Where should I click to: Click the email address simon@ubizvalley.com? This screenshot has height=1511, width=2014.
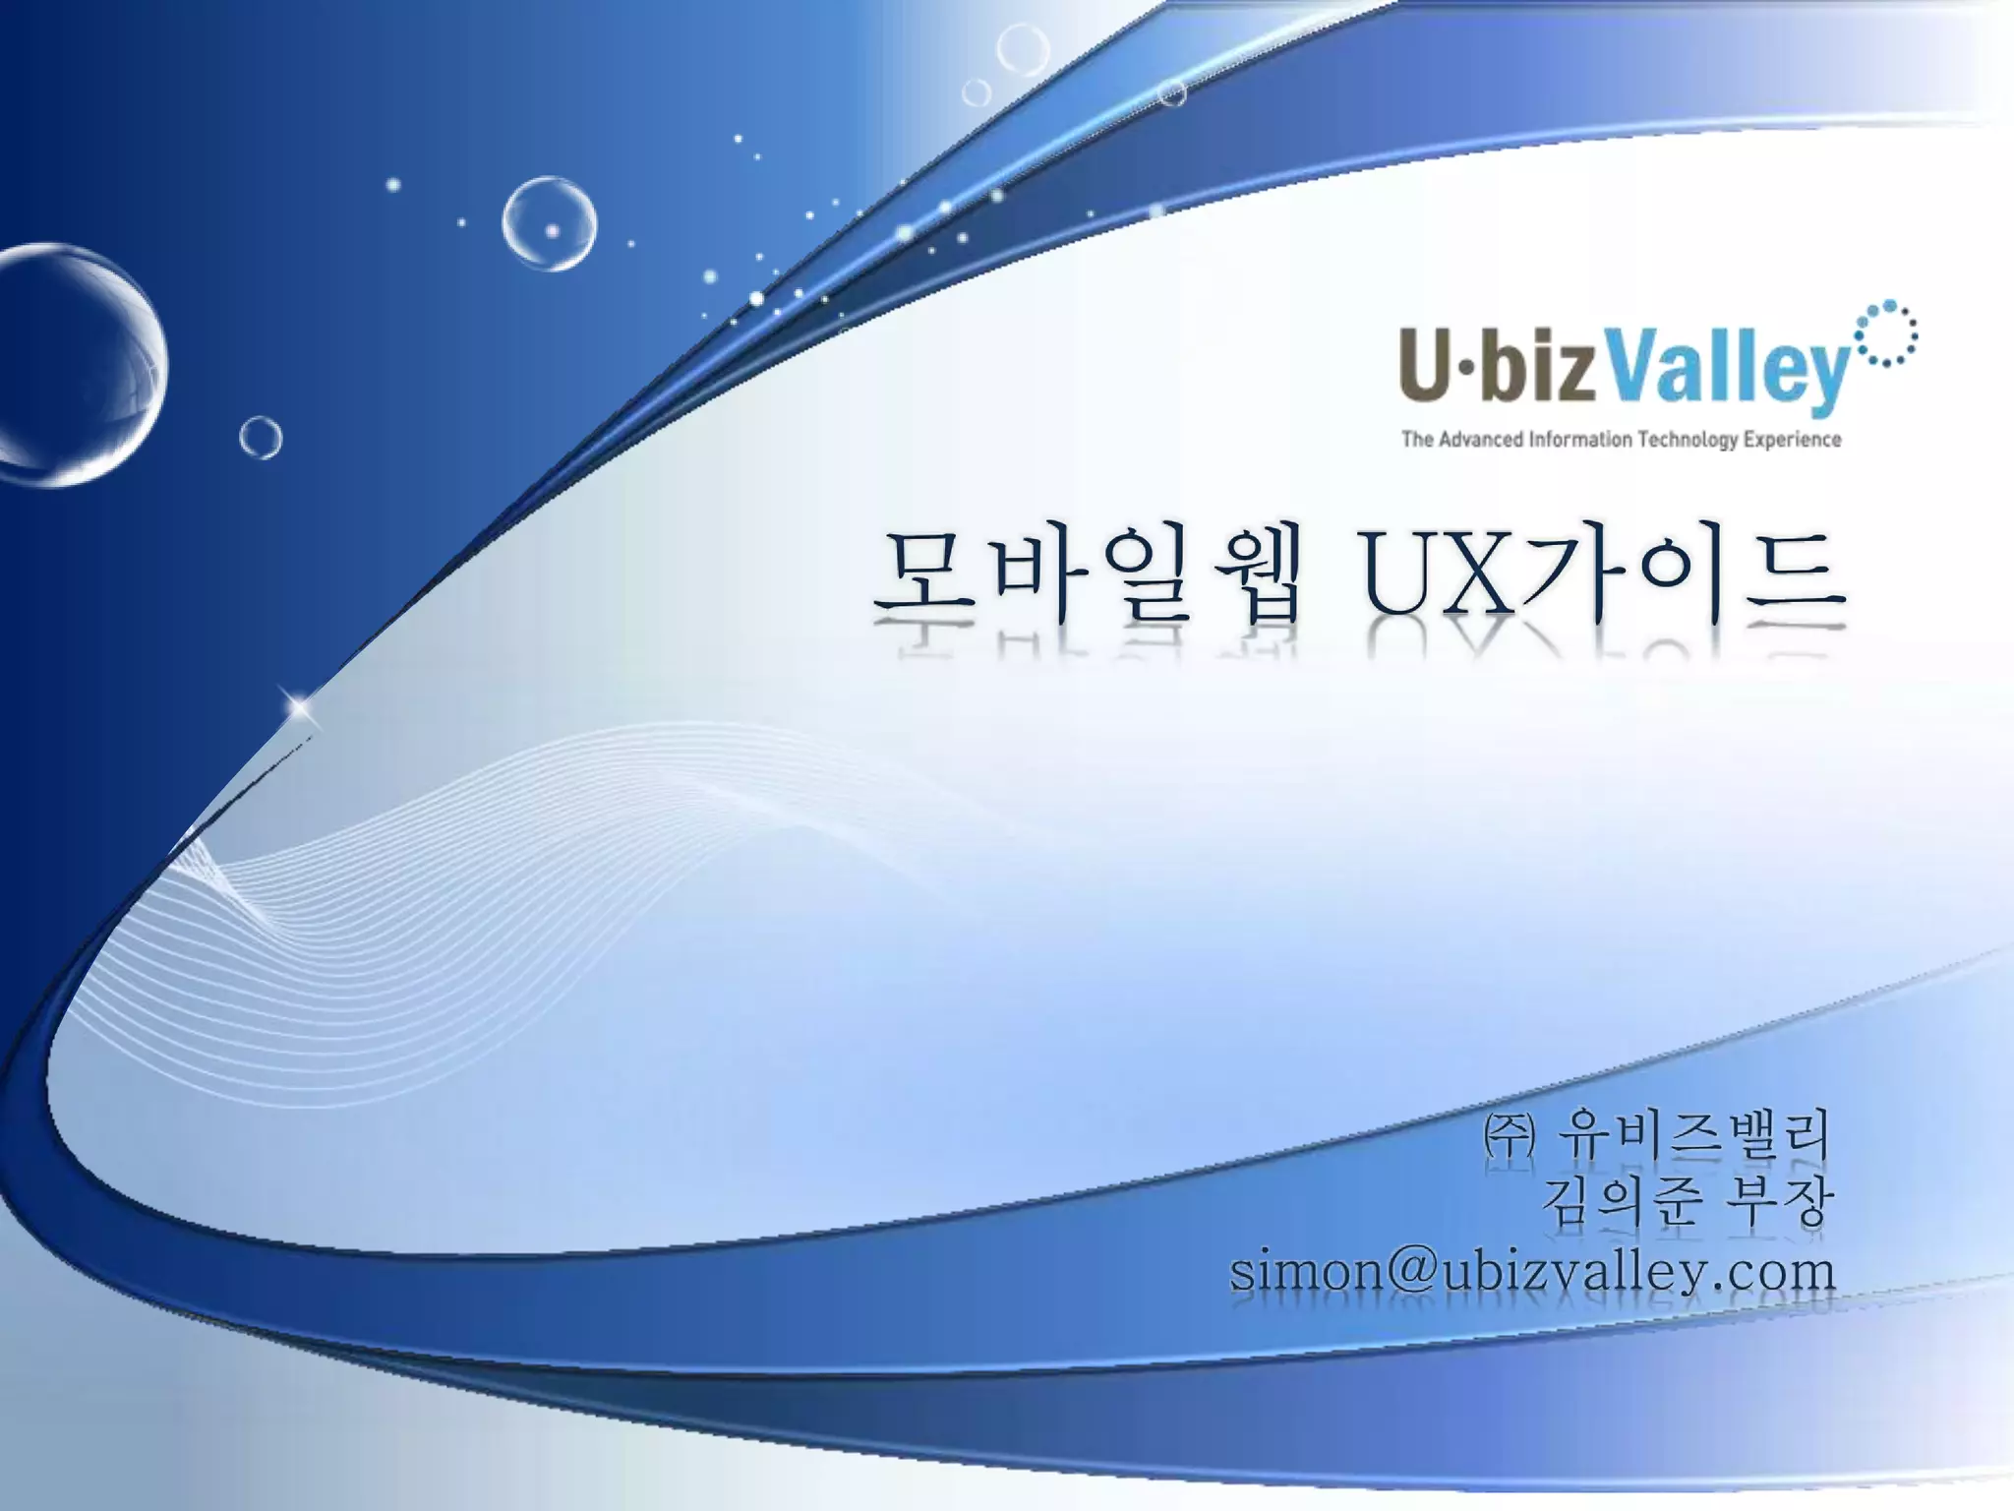(1532, 1272)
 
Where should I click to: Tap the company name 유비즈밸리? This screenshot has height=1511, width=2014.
(1693, 1136)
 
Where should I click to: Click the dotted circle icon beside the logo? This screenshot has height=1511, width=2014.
(1885, 334)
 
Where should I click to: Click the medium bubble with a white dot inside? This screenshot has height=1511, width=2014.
(549, 223)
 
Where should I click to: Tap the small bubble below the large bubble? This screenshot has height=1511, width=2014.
(261, 438)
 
